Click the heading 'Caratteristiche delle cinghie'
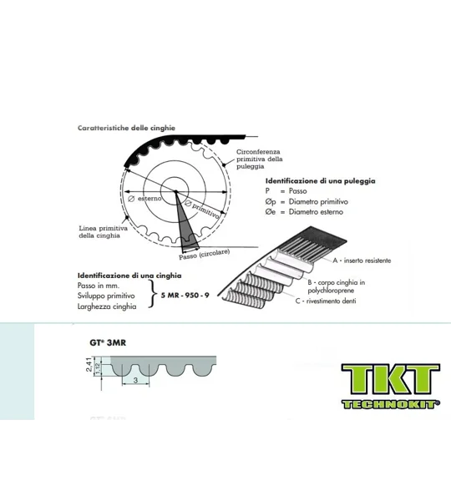(x=126, y=128)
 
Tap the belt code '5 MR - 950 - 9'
(x=185, y=296)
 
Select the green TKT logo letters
(x=391, y=381)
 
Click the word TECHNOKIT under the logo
(x=390, y=404)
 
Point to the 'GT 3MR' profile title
(x=108, y=343)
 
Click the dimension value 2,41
(x=89, y=365)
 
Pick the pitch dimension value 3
(x=135, y=380)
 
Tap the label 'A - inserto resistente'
(x=362, y=261)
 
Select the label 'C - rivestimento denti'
(x=326, y=301)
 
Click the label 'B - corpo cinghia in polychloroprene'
(x=337, y=286)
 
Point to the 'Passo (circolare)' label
(x=205, y=255)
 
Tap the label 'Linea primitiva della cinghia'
(x=103, y=232)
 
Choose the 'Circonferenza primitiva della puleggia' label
(x=260, y=159)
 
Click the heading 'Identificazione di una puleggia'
(x=320, y=181)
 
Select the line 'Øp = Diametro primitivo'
(x=307, y=201)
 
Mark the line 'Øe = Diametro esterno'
(x=304, y=212)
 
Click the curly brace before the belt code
(x=153, y=294)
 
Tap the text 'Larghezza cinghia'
(x=107, y=306)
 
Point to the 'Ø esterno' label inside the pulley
(x=144, y=199)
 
